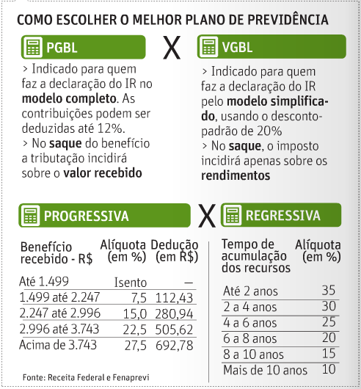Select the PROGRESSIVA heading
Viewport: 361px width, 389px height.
tap(86, 216)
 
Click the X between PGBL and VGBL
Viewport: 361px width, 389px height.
tap(171, 48)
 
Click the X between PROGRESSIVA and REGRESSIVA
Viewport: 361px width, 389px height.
tap(208, 216)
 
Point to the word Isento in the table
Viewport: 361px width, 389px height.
tap(131, 283)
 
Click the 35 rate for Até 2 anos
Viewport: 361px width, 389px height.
tap(328, 290)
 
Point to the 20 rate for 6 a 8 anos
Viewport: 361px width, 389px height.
tap(328, 338)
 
